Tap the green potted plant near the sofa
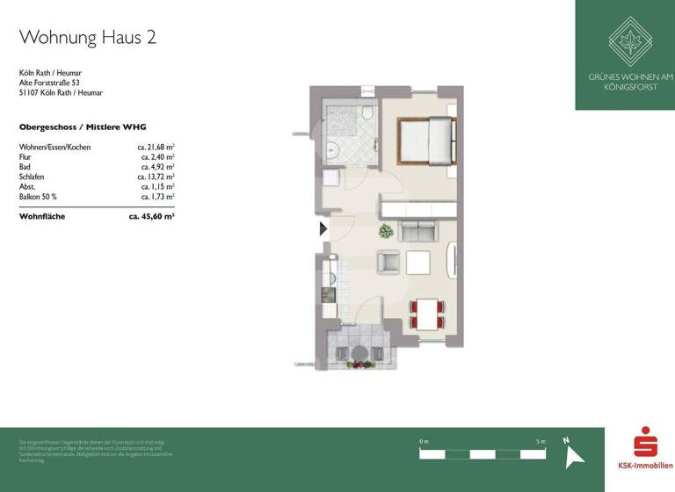click(385, 232)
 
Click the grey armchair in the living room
click(388, 262)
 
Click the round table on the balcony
click(358, 353)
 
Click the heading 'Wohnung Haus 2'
click(88, 37)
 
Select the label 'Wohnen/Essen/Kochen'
click(54, 148)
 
